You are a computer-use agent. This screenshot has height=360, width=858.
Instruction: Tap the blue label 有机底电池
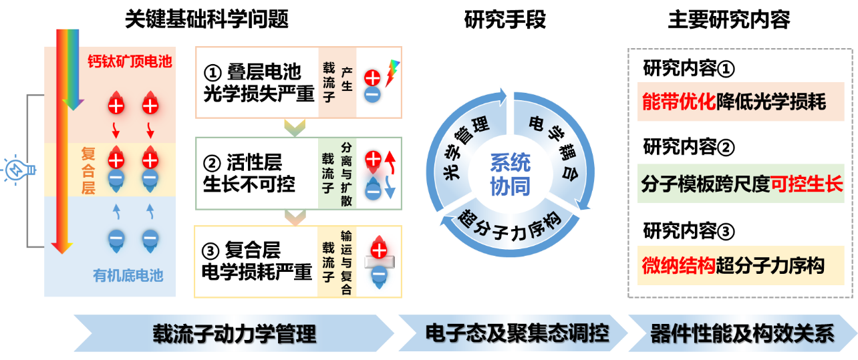point(128,275)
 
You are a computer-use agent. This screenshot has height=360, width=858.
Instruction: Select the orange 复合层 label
point(88,171)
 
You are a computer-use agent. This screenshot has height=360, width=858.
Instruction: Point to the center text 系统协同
point(510,174)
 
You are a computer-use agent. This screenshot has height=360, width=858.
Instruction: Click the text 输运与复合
point(346,262)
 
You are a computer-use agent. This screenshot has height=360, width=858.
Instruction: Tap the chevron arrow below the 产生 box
point(295,126)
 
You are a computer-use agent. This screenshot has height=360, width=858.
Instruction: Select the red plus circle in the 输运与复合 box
point(378,250)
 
